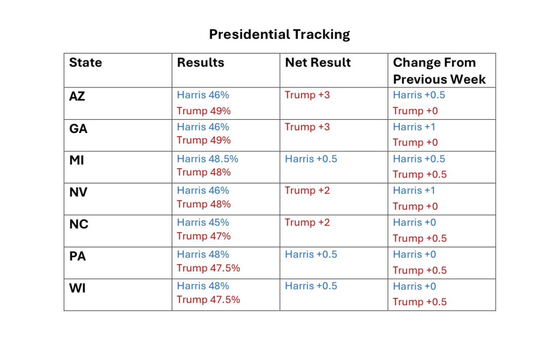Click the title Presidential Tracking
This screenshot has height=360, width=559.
click(x=279, y=34)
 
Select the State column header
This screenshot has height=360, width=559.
click(x=86, y=62)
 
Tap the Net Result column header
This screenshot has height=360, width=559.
click(x=318, y=62)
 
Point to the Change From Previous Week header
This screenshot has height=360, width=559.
click(x=439, y=71)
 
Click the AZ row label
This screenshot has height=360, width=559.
click(x=77, y=96)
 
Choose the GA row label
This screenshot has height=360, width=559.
click(x=78, y=129)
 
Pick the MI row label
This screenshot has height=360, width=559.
click(x=76, y=160)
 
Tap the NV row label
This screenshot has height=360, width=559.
click(x=78, y=192)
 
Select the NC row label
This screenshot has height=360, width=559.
click(x=79, y=224)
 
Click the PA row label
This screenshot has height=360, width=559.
click(x=78, y=256)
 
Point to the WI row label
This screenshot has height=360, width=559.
click(x=77, y=288)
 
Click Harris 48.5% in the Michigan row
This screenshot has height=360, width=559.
click(x=208, y=159)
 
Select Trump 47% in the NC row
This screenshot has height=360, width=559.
click(x=204, y=236)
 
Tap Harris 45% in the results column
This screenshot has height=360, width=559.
click(x=203, y=223)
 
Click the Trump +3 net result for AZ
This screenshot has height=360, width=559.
click(x=307, y=95)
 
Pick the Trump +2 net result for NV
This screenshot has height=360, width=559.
click(x=307, y=190)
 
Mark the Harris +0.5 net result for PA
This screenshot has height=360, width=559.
click(x=311, y=254)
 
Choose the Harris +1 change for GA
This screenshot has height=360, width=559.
click(x=414, y=127)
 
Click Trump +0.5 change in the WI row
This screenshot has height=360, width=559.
click(x=420, y=302)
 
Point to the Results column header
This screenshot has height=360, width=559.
click(x=201, y=62)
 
